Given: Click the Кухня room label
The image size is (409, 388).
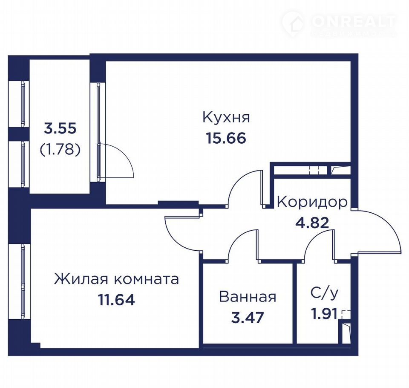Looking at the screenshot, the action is [x=226, y=118].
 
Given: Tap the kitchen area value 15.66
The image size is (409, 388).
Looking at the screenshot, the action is [x=226, y=138].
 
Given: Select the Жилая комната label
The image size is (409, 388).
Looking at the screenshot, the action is [x=116, y=279].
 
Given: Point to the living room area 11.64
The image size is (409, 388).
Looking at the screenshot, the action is [x=116, y=300].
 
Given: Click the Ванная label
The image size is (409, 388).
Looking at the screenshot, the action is [x=248, y=297].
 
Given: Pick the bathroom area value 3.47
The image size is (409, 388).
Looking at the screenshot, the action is [x=248, y=318].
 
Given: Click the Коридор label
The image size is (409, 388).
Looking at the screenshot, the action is [x=312, y=203].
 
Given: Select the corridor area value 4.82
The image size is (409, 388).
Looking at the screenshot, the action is [x=312, y=223].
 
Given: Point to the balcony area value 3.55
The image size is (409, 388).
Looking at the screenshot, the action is [x=60, y=129].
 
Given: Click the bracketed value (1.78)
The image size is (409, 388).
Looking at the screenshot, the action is [x=60, y=150].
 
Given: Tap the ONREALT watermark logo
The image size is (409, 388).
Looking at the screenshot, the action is [x=339, y=24].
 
